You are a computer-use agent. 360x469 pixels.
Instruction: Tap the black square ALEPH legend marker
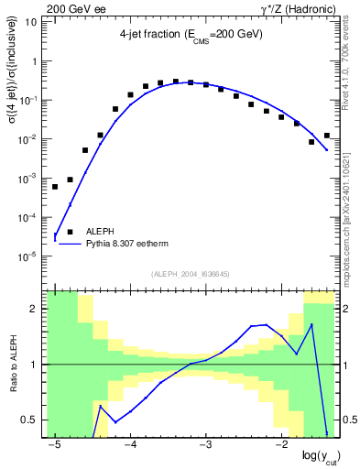pos(70,233)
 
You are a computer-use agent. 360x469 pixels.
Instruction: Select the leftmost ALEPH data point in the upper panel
pos(55,187)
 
